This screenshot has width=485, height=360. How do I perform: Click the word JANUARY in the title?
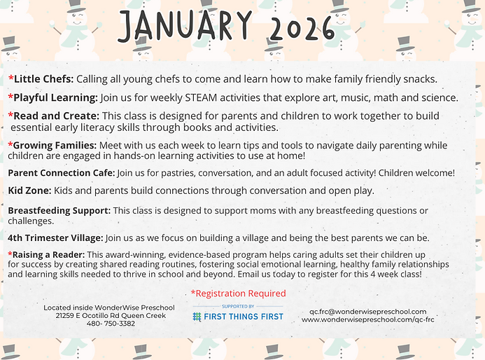(x=185, y=26)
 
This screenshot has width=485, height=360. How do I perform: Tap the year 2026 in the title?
(x=302, y=28)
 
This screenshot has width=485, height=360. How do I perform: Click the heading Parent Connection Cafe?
(x=62, y=173)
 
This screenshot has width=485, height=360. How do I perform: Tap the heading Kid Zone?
(x=29, y=191)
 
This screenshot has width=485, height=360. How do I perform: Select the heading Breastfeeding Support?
(x=59, y=211)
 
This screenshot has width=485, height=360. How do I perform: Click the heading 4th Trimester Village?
(x=55, y=237)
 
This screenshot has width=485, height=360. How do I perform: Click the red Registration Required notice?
(x=239, y=293)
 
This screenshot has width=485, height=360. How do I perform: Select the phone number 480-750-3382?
(x=111, y=324)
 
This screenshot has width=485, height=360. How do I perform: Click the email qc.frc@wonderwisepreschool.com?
(x=367, y=312)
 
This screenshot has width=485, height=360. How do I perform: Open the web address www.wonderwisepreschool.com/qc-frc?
(x=368, y=319)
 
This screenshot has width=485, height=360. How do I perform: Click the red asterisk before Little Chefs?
(x=10, y=78)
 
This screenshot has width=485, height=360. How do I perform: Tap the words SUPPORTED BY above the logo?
(x=238, y=307)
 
